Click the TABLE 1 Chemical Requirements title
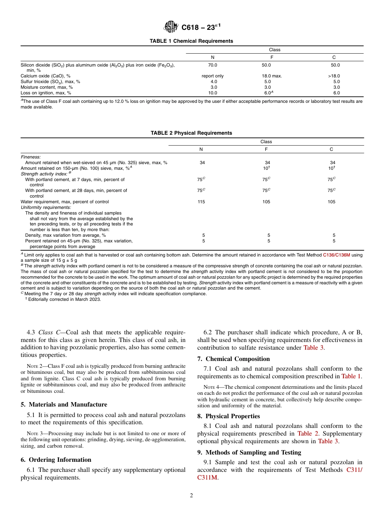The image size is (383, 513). coord(191,41)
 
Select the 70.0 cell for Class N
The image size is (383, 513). coord(212,65)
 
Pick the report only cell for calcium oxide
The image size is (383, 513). coord(212,76)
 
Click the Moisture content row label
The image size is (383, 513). coord(46,87)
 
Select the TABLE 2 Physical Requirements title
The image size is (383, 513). coord(191,133)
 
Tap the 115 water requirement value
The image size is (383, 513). coord(201,202)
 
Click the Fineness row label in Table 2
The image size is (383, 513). coord(31,157)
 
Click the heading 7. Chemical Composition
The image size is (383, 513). coord(233,359)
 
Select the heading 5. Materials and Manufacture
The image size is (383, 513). coord(64,405)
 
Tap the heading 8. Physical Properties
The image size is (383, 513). coord(229,416)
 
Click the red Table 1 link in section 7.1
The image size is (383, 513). coord(351,376)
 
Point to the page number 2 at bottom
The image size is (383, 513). coord(191,496)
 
